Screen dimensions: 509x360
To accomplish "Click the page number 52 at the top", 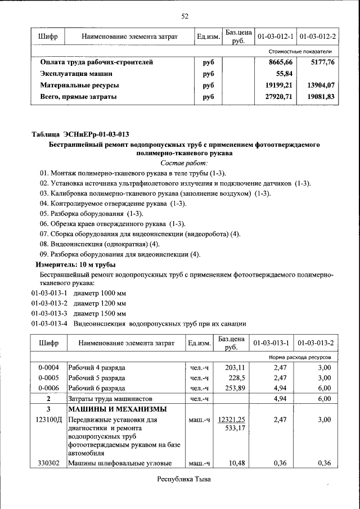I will click(x=184, y=15).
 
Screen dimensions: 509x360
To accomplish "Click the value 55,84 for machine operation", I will click(x=284, y=74).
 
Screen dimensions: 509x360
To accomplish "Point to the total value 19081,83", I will click(x=320, y=97).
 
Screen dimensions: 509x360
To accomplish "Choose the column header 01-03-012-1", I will click(x=276, y=37).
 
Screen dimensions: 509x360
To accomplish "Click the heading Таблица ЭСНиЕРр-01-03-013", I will click(x=80, y=134).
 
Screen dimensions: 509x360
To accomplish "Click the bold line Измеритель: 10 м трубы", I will click(x=76, y=264).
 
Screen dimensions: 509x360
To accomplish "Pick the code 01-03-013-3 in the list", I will click(x=49, y=313).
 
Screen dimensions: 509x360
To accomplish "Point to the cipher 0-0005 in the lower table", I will click(x=48, y=377).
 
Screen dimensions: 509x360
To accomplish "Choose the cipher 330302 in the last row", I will click(x=48, y=463).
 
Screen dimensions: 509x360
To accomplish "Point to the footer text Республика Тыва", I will click(x=184, y=480).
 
